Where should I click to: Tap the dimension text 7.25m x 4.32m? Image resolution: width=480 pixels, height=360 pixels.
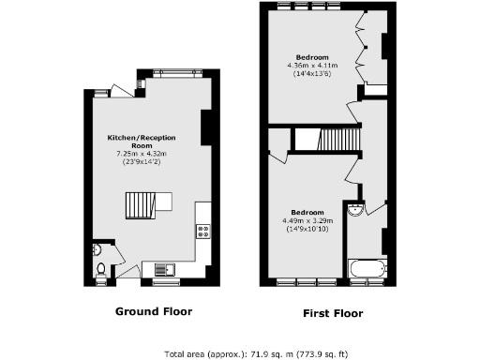click(x=141, y=153)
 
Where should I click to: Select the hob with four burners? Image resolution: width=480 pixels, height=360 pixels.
click(x=202, y=231)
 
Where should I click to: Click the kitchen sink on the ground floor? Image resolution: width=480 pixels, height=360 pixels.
click(x=165, y=270)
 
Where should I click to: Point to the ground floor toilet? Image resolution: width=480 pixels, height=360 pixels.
click(x=101, y=269)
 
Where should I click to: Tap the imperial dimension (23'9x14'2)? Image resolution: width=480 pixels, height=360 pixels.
click(x=141, y=161)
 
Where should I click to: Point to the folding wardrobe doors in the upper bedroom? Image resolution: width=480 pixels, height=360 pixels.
click(x=360, y=54)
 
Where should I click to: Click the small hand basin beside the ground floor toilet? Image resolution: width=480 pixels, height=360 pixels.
click(x=97, y=250)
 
